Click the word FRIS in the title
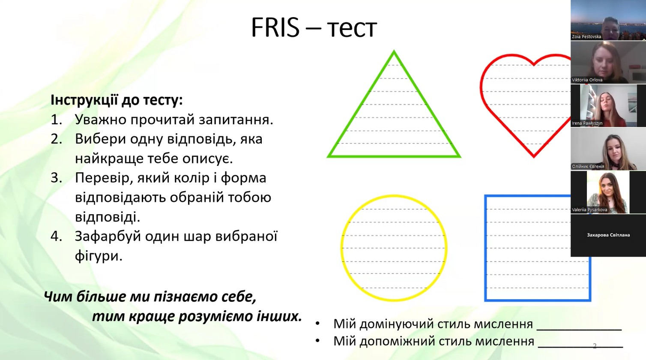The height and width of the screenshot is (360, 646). tap(275, 28)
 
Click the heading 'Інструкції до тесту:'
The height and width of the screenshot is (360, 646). tap(117, 100)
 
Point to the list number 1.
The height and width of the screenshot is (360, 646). tap(56, 120)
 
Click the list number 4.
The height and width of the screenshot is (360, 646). tap(56, 236)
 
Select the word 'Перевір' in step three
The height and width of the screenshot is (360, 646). tap(103, 178)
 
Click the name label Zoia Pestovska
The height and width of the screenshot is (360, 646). tap(586, 36)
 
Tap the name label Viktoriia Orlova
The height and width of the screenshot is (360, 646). tap(587, 80)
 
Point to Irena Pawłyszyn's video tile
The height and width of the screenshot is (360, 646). tap(608, 105)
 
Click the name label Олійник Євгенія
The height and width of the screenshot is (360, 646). tap(588, 166)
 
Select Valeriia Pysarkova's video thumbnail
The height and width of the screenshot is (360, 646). tap(608, 192)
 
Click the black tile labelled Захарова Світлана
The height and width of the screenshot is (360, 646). tap(608, 235)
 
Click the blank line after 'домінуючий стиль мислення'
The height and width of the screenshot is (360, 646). tap(579, 329)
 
